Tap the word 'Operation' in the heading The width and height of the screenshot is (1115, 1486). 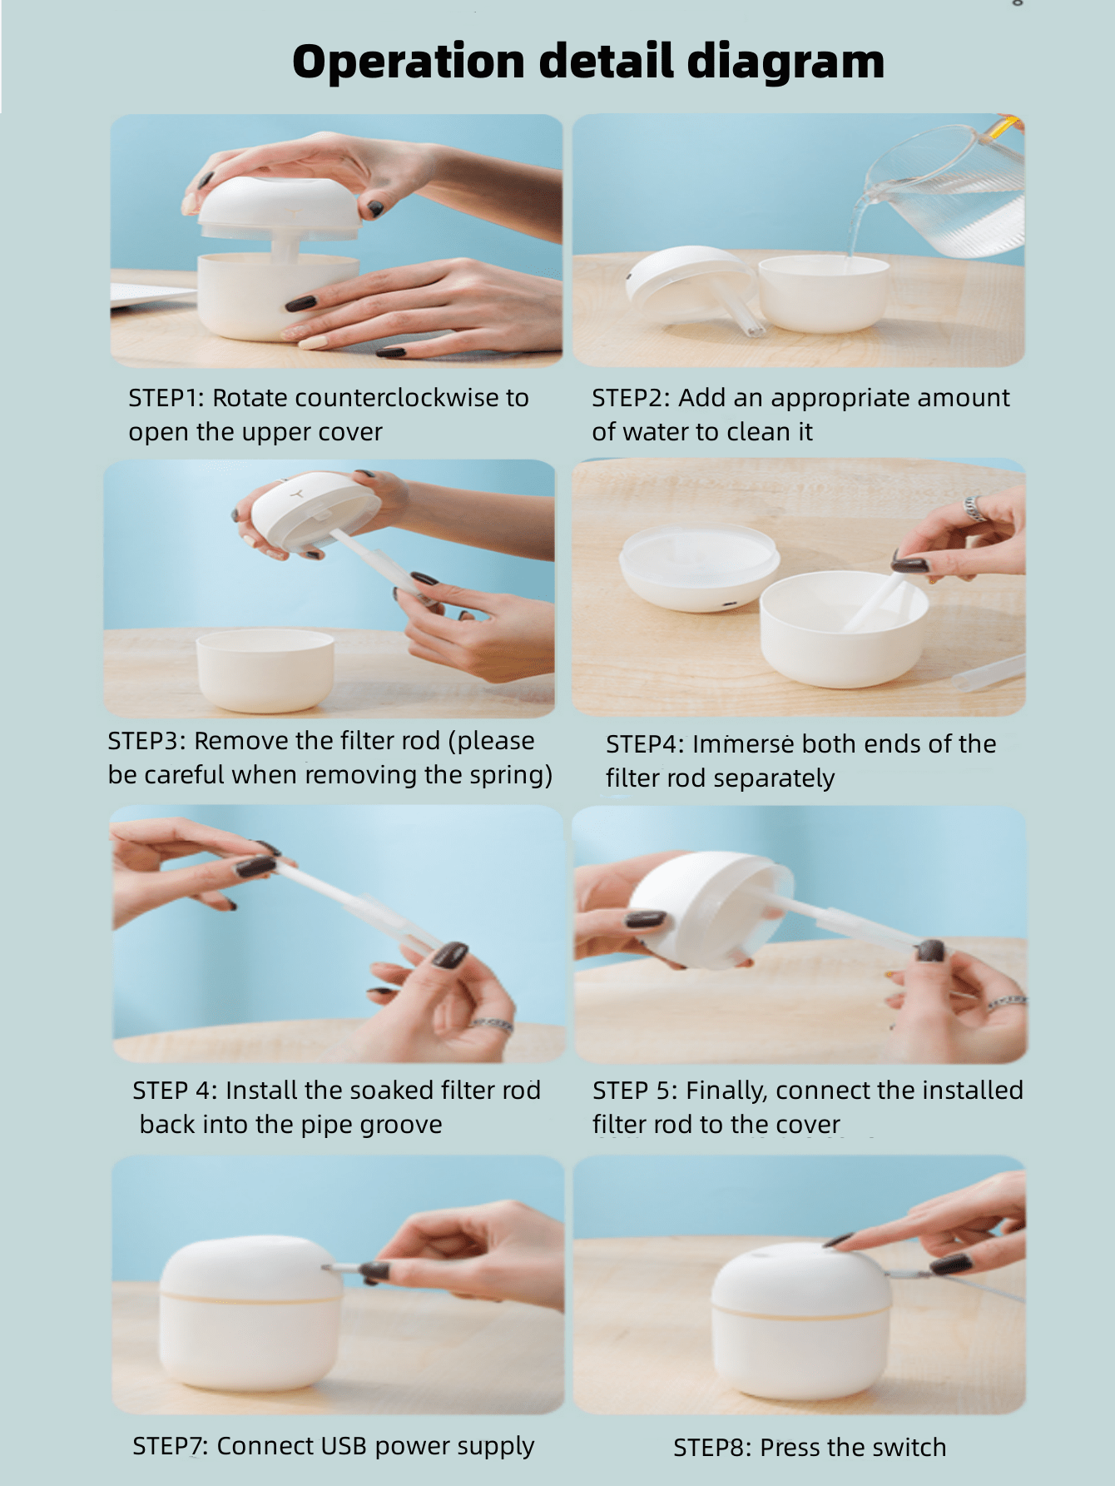409,62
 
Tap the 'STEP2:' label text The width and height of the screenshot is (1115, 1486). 631,398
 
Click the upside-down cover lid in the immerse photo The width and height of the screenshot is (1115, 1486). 700,567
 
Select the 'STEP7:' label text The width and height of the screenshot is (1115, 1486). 171,1446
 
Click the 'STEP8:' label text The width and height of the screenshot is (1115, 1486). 712,1447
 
